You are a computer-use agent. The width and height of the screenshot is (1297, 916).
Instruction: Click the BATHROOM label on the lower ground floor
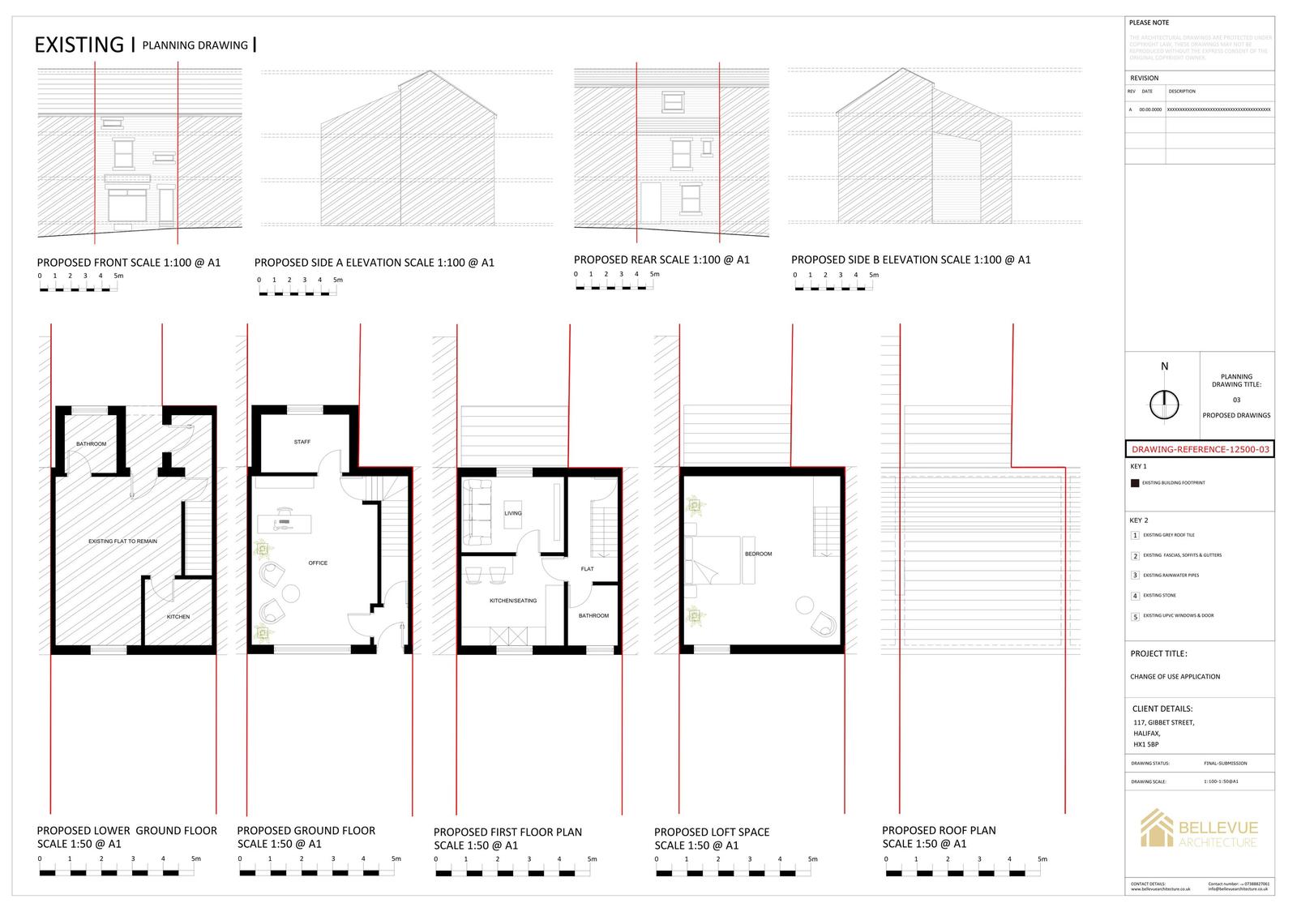pyautogui.click(x=92, y=443)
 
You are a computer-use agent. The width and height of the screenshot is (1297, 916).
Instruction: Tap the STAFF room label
pyautogui.click(x=302, y=442)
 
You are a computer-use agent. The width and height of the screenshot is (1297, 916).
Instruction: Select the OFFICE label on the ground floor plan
pyautogui.click(x=318, y=563)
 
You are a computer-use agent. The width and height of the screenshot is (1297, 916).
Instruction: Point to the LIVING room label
pyautogui.click(x=513, y=513)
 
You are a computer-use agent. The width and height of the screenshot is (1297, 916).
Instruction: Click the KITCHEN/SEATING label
pyautogui.click(x=513, y=601)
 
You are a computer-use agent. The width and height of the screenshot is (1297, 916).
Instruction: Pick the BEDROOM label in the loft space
pyautogui.click(x=759, y=554)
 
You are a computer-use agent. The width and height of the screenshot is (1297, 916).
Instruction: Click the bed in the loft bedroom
pyautogui.click(x=714, y=559)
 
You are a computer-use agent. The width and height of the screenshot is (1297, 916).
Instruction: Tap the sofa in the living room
pyautogui.click(x=477, y=513)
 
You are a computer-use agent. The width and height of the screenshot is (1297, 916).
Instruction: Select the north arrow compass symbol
pyautogui.click(x=1165, y=404)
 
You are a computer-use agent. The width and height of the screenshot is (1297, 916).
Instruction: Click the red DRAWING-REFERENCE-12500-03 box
pyautogui.click(x=1200, y=449)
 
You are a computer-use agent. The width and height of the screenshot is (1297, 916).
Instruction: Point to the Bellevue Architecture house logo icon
pyautogui.click(x=1156, y=828)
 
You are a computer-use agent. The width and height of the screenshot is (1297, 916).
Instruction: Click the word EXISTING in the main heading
pyautogui.click(x=79, y=45)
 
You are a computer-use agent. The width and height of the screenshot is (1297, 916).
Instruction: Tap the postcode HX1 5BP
pyautogui.click(x=1146, y=744)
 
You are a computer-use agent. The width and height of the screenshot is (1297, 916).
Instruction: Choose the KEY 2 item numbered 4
pyautogui.click(x=1136, y=596)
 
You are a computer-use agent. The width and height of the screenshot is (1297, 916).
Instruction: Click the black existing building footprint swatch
pyautogui.click(x=1135, y=483)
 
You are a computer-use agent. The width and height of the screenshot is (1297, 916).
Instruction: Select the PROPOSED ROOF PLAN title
pyautogui.click(x=939, y=830)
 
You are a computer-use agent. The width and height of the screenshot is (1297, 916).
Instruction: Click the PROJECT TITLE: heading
pyautogui.click(x=1158, y=653)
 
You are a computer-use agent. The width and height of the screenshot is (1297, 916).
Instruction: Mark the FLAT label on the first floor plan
pyautogui.click(x=588, y=569)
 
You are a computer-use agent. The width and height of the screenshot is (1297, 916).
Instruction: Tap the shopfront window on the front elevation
pyautogui.click(x=126, y=206)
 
